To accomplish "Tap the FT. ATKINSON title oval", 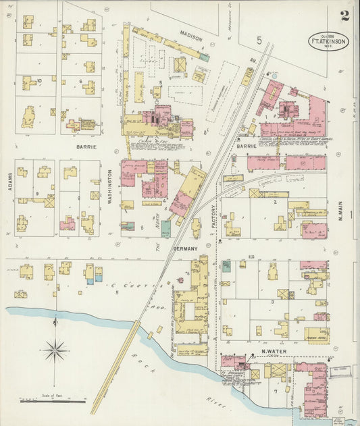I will click(x=330, y=42).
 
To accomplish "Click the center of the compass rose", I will click(x=55, y=350).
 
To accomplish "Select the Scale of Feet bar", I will click(x=53, y=401).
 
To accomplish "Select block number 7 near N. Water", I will click(x=275, y=391).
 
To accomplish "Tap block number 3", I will click(x=272, y=302).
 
